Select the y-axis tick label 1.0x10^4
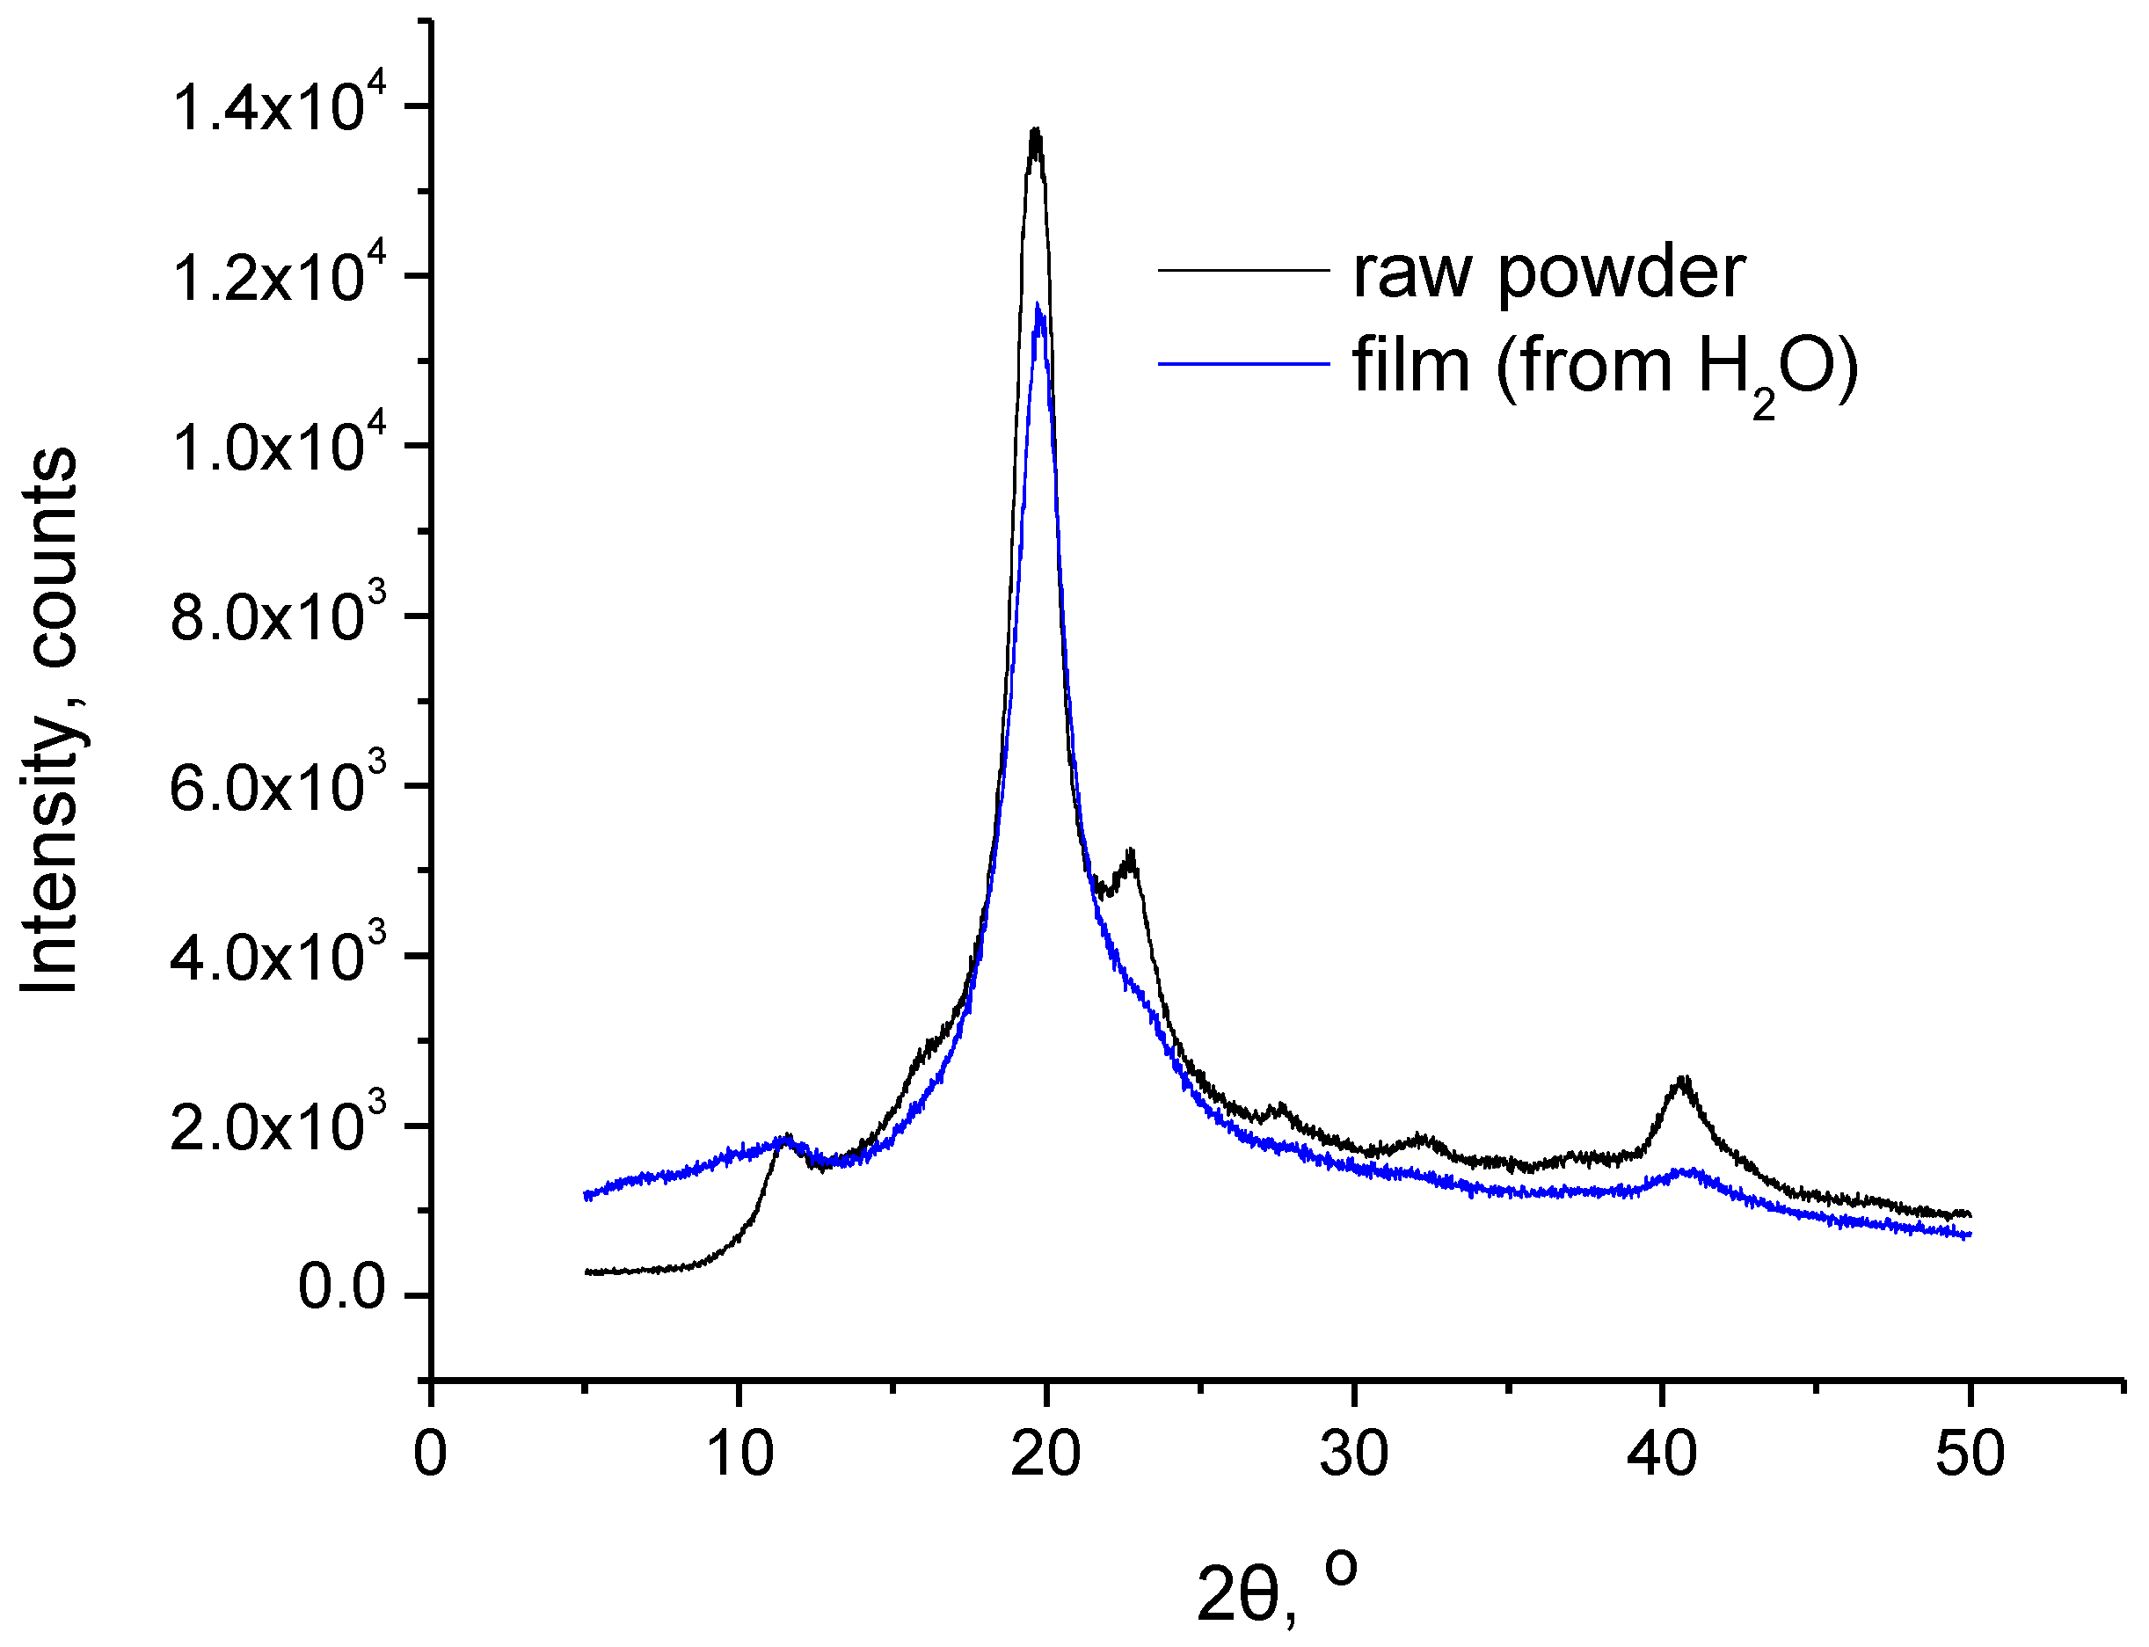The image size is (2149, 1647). [x=279, y=446]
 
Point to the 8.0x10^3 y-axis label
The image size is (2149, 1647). [x=279, y=616]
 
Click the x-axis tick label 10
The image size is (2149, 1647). [x=739, y=1454]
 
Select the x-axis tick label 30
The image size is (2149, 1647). [x=1354, y=1454]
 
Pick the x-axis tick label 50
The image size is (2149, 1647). [x=1969, y=1454]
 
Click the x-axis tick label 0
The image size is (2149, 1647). [x=430, y=1454]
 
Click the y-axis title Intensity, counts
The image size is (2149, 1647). [x=49, y=720]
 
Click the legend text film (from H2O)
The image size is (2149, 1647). [x=1605, y=368]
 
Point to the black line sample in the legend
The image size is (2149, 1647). [x=1243, y=271]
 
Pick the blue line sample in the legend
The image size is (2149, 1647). [x=1243, y=364]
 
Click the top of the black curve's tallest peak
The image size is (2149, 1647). [x=1035, y=130]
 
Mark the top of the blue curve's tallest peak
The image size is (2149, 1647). [x=1038, y=306]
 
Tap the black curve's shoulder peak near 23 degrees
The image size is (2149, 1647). [x=1132, y=853]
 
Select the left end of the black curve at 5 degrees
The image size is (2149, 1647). [x=586, y=1272]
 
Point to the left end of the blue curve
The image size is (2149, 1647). [x=586, y=1196]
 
